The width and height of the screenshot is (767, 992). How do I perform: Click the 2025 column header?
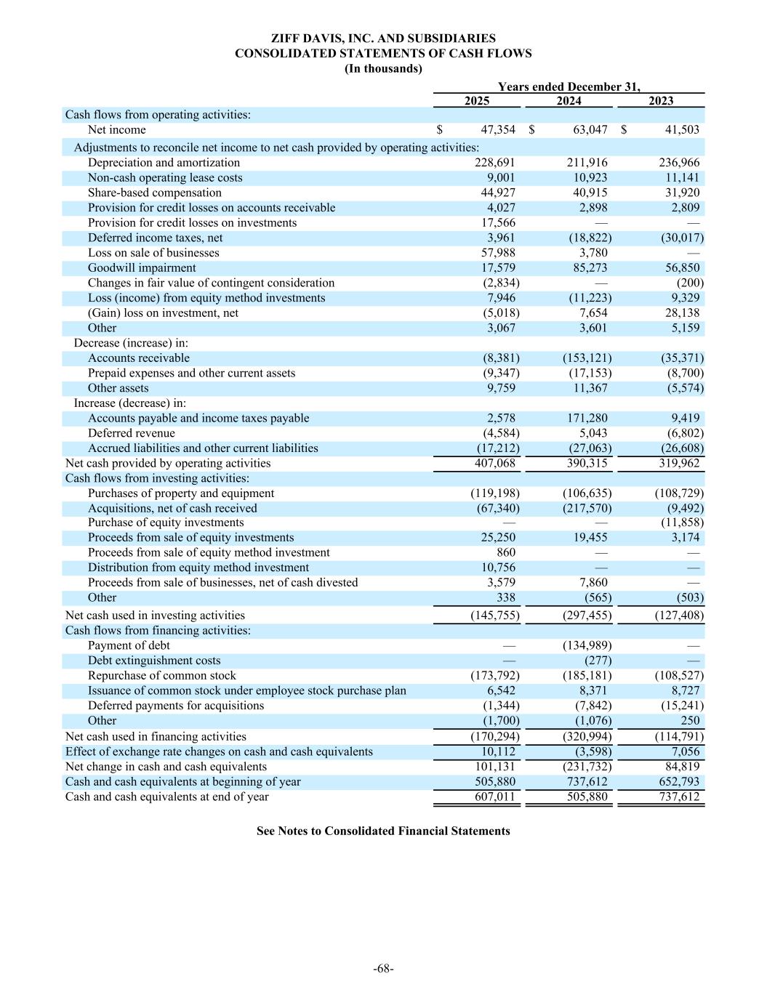(477, 101)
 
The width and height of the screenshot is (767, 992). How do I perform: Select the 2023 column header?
(661, 101)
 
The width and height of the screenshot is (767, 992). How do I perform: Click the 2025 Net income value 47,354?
(498, 130)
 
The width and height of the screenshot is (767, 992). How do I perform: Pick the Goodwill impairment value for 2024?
(589, 268)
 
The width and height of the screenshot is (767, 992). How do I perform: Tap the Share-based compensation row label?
(155, 193)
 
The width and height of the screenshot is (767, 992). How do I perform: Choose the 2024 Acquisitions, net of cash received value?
(587, 508)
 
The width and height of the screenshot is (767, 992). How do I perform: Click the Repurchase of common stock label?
(162, 675)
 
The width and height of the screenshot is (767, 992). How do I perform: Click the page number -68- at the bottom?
(383, 968)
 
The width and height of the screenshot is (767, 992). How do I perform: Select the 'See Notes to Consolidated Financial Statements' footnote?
(383, 831)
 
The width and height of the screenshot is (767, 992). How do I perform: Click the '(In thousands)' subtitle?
(383, 68)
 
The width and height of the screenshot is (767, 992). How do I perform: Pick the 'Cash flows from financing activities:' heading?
(158, 630)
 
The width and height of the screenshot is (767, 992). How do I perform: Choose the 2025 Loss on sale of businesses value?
(498, 253)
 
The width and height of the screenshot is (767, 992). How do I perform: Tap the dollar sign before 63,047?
(532, 130)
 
